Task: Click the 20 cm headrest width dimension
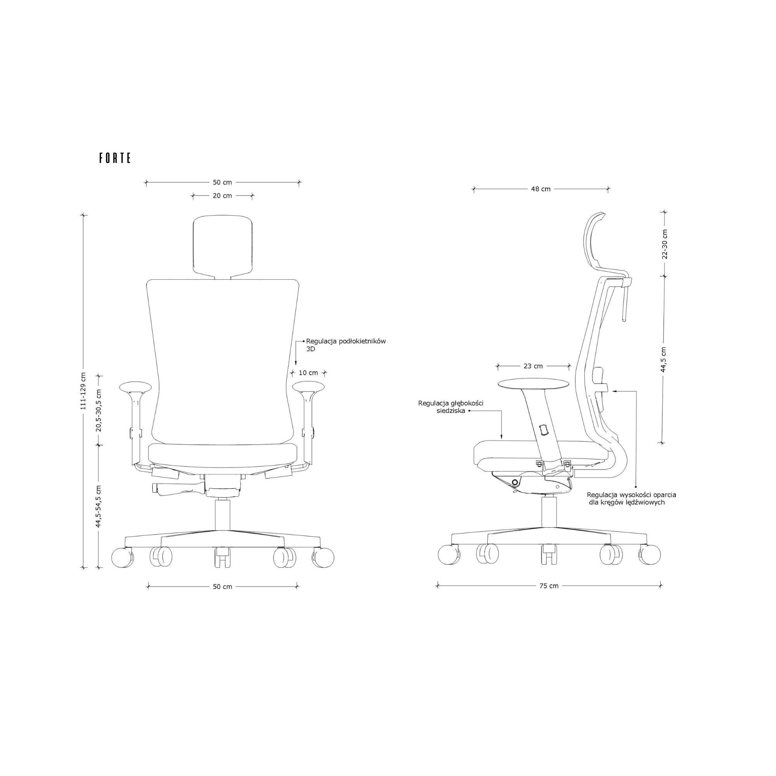(222, 196)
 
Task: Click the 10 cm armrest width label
(308, 373)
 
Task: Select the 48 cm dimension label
(540, 189)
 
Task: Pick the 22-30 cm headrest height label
(665, 244)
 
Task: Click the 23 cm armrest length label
(533, 366)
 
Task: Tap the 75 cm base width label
(549, 585)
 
